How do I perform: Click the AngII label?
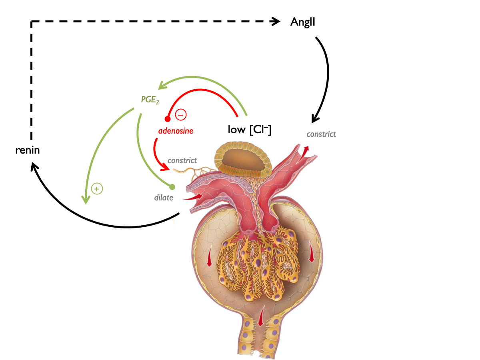(303, 22)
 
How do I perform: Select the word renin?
(28, 151)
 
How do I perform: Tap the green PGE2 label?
(150, 100)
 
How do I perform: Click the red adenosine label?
(176, 131)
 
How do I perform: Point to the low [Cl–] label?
(250, 130)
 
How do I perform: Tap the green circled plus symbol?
(96, 188)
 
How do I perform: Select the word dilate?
(164, 198)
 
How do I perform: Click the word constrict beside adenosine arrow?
(182, 160)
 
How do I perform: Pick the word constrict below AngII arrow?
(321, 134)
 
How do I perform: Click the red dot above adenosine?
(168, 119)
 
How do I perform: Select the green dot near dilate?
(172, 187)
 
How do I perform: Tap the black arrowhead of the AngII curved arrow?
(315, 118)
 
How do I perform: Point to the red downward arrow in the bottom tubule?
(261, 316)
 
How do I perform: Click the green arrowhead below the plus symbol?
(85, 200)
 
